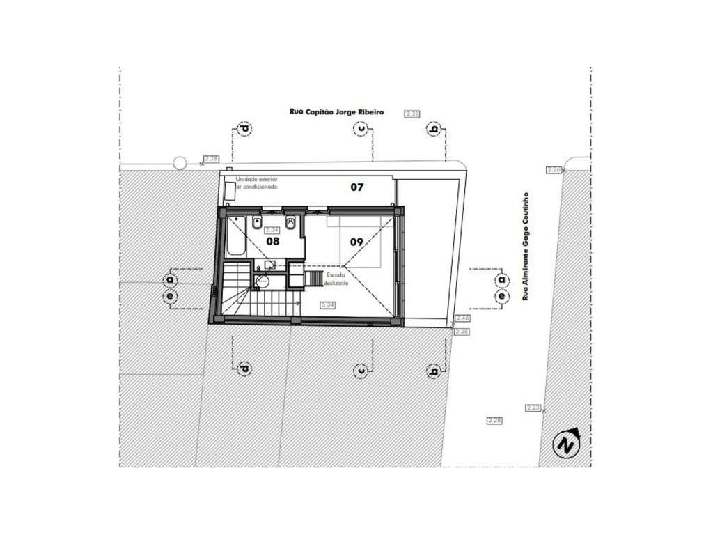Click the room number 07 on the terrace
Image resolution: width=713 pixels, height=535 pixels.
[356, 187]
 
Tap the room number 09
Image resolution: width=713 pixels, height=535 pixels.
[356, 242]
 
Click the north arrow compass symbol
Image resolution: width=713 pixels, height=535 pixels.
[567, 442]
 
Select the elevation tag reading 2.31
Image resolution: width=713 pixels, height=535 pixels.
[412, 113]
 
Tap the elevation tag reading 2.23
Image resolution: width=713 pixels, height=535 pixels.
[533, 408]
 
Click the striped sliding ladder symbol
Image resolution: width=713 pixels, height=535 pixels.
[320, 278]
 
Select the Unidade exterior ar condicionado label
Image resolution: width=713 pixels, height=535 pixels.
[256, 184]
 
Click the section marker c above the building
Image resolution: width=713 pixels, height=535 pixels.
[361, 128]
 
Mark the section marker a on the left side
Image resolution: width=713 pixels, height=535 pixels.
[169, 280]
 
